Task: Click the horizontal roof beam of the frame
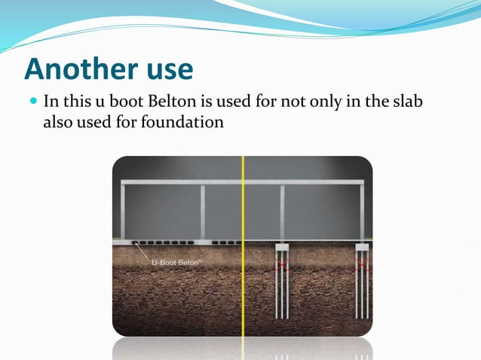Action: (x=243, y=182)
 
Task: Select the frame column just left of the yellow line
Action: (x=202, y=212)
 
